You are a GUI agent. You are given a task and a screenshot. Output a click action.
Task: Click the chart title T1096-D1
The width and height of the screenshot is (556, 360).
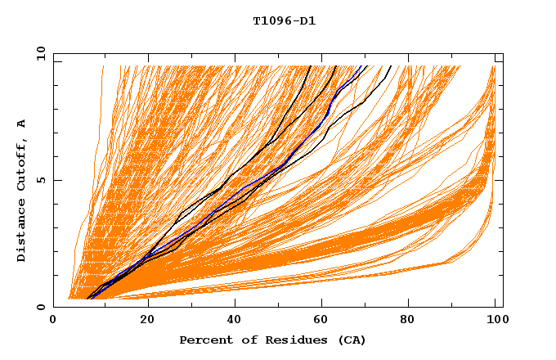click(285, 20)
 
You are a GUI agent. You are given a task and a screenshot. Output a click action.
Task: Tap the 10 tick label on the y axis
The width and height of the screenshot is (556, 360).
click(39, 53)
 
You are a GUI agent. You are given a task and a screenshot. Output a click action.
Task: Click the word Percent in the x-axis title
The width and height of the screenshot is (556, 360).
click(204, 340)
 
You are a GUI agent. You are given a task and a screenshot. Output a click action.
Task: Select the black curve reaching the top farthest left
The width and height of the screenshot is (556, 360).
click(301, 90)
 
